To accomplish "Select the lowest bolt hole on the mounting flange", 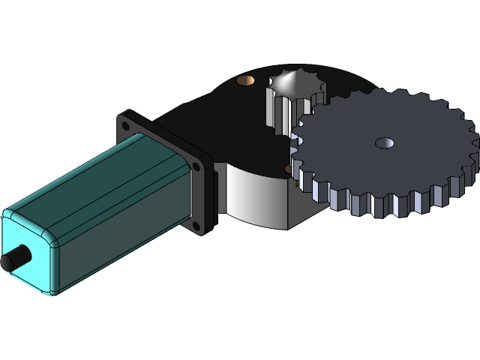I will [196, 225].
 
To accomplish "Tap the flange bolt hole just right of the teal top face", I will [199, 166].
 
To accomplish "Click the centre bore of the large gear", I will [385, 142].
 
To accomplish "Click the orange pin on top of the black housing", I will [244, 79].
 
